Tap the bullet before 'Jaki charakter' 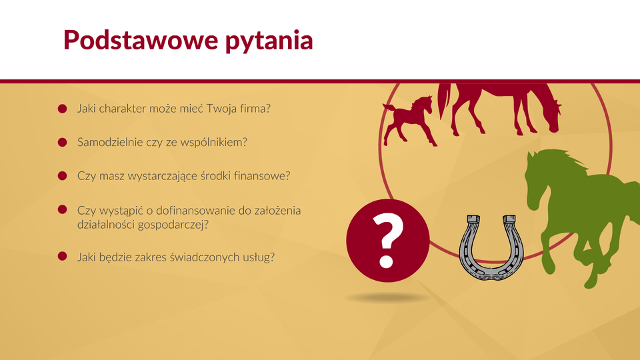pyautogui.click(x=63, y=109)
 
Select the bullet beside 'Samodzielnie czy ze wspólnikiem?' pyautogui.click(x=63, y=142)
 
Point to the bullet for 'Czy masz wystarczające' pyautogui.click(x=63, y=175)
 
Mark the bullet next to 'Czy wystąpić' pyautogui.click(x=63, y=209)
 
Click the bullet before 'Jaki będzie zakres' pyautogui.click(x=63, y=256)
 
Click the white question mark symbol pyautogui.click(x=387, y=241)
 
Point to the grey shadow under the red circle pyautogui.click(x=387, y=298)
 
